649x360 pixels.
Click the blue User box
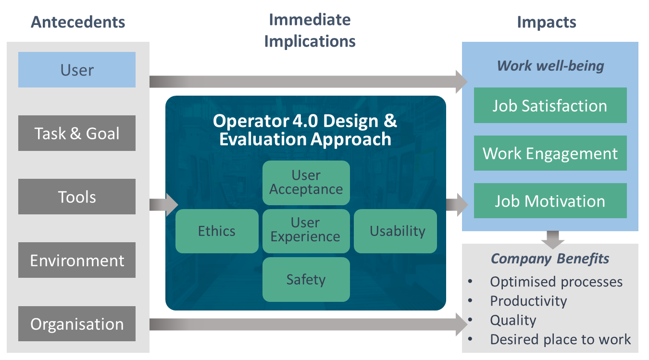(x=77, y=70)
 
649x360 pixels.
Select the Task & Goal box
(x=77, y=133)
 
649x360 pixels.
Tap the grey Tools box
(x=77, y=197)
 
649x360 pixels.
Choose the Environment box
(x=77, y=260)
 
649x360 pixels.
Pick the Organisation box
(x=77, y=323)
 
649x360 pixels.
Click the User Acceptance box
(x=306, y=183)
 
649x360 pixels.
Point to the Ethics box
(x=217, y=231)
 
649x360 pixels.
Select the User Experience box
(x=306, y=231)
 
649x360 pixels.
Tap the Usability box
(x=395, y=231)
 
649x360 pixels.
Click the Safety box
(x=306, y=279)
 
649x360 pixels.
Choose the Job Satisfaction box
(x=550, y=105)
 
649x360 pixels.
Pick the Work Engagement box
(x=550, y=153)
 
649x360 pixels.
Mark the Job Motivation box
(x=550, y=201)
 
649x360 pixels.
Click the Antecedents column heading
(x=78, y=22)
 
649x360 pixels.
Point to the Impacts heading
(x=547, y=22)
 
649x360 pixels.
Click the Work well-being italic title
(x=550, y=66)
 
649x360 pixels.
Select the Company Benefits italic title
(x=550, y=259)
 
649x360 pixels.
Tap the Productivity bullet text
(x=528, y=301)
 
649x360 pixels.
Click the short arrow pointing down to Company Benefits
(x=553, y=240)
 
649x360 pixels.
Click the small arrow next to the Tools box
(x=164, y=205)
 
